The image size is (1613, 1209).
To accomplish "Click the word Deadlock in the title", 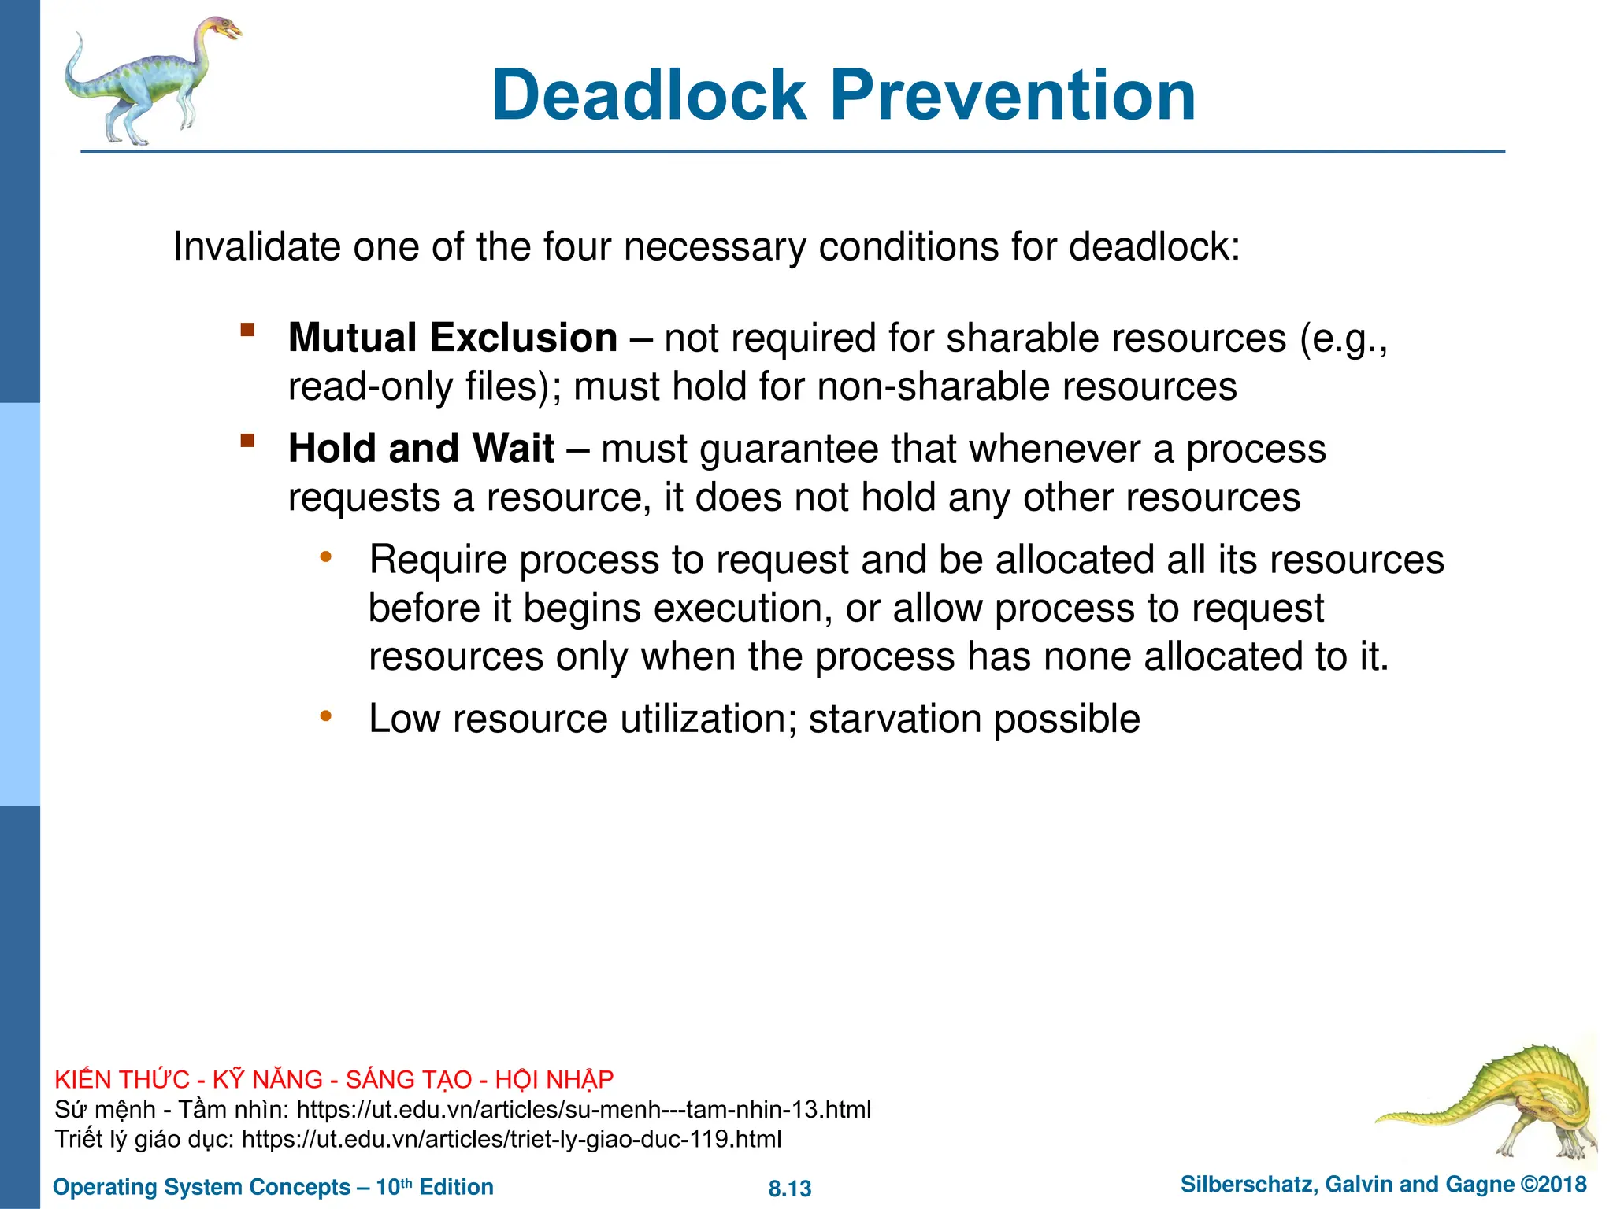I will pyautogui.click(x=649, y=95).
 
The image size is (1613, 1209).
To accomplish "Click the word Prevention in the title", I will pyautogui.click(x=1013, y=95).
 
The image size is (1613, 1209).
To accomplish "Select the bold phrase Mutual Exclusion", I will pyautogui.click(x=452, y=338).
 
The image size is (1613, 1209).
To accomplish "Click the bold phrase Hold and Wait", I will pyautogui.click(x=421, y=449).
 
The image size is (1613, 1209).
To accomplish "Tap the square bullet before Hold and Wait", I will pyautogui.click(x=248, y=440).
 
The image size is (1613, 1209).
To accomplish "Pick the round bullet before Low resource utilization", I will pyautogui.click(x=325, y=717).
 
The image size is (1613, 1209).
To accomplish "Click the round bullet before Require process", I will pyautogui.click(x=325, y=558).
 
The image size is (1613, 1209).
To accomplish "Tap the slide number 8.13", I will pyautogui.click(x=789, y=1189).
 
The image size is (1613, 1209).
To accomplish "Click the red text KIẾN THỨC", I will pyautogui.click(x=122, y=1079).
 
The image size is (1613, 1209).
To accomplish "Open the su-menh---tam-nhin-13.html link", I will pyautogui.click(x=584, y=1110).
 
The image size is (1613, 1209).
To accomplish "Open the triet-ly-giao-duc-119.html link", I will pyautogui.click(x=511, y=1139).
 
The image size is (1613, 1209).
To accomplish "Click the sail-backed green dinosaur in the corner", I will pyautogui.click(x=1504, y=1098).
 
